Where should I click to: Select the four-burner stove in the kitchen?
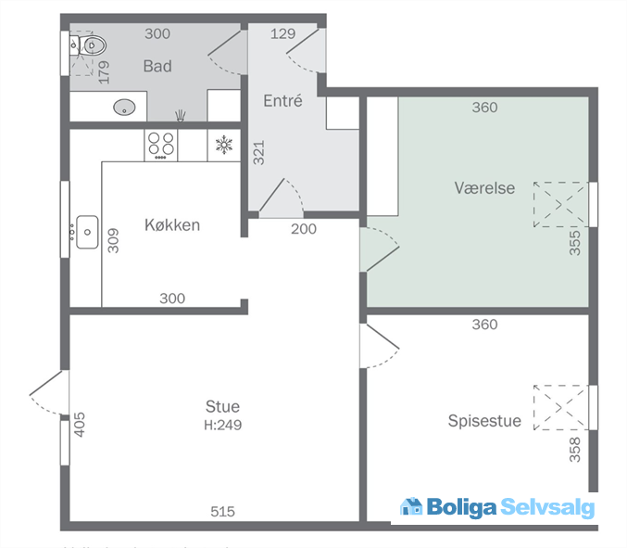click(x=161, y=144)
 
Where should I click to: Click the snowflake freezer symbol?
click(x=223, y=144)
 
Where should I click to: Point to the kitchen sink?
click(x=87, y=231)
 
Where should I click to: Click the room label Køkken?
click(x=172, y=225)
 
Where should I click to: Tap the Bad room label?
click(x=157, y=67)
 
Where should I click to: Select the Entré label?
click(x=282, y=101)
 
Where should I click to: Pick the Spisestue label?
click(x=484, y=421)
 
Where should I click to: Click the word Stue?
click(x=222, y=406)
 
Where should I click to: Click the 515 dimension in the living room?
click(x=222, y=511)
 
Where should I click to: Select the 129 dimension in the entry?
click(x=282, y=33)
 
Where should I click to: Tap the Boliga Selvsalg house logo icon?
click(x=411, y=506)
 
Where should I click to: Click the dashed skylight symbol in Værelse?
click(x=560, y=204)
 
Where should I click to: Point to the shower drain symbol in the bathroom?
click(x=181, y=115)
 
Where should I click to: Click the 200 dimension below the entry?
click(x=303, y=229)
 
